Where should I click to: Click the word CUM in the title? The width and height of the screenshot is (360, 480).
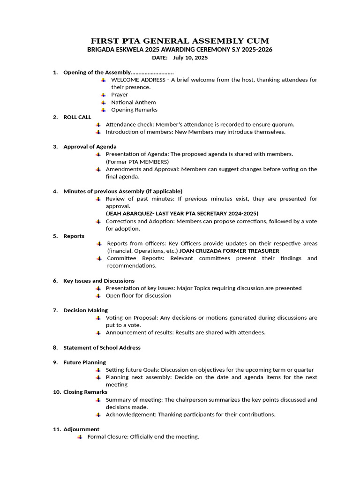pos(257,41)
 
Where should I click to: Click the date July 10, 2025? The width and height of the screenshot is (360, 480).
pos(190,58)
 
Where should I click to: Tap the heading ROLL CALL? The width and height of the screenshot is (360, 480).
pos(77,117)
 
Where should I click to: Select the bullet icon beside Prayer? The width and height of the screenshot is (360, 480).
pos(103,95)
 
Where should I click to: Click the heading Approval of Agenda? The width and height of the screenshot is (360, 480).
pos(90,147)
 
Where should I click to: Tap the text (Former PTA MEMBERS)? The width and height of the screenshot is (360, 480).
pos(137,162)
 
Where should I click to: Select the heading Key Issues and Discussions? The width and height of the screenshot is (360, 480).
pos(99,281)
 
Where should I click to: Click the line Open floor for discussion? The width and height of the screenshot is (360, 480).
pos(138,296)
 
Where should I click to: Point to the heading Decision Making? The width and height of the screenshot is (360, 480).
pos(86,310)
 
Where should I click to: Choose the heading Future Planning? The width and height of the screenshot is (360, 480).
pos(85,362)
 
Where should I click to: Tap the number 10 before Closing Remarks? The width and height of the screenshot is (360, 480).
pos(56,392)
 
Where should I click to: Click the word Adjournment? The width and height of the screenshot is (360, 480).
pos(82,429)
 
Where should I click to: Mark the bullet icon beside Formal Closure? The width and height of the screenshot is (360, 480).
pos(80,437)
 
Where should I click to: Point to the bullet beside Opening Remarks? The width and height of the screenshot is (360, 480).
pos(103,110)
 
